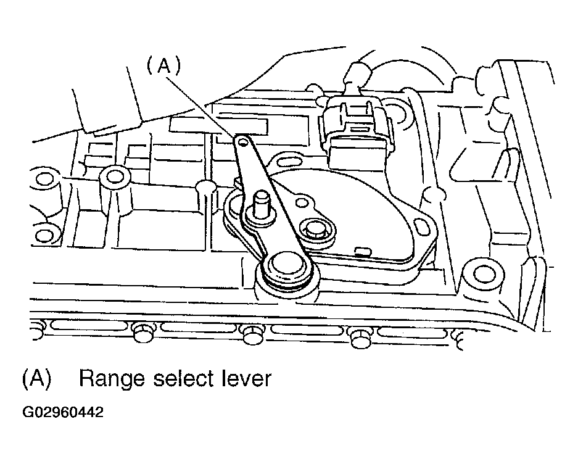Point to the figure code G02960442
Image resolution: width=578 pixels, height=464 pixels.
point(63,412)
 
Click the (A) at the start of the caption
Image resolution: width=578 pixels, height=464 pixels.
point(36,378)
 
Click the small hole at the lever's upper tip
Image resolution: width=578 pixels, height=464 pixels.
point(242,143)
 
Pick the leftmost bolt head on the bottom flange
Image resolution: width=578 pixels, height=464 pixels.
point(142,331)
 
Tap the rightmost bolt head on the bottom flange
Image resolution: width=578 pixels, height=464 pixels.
point(360,338)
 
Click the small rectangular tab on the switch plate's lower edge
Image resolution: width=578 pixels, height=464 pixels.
point(361,251)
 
